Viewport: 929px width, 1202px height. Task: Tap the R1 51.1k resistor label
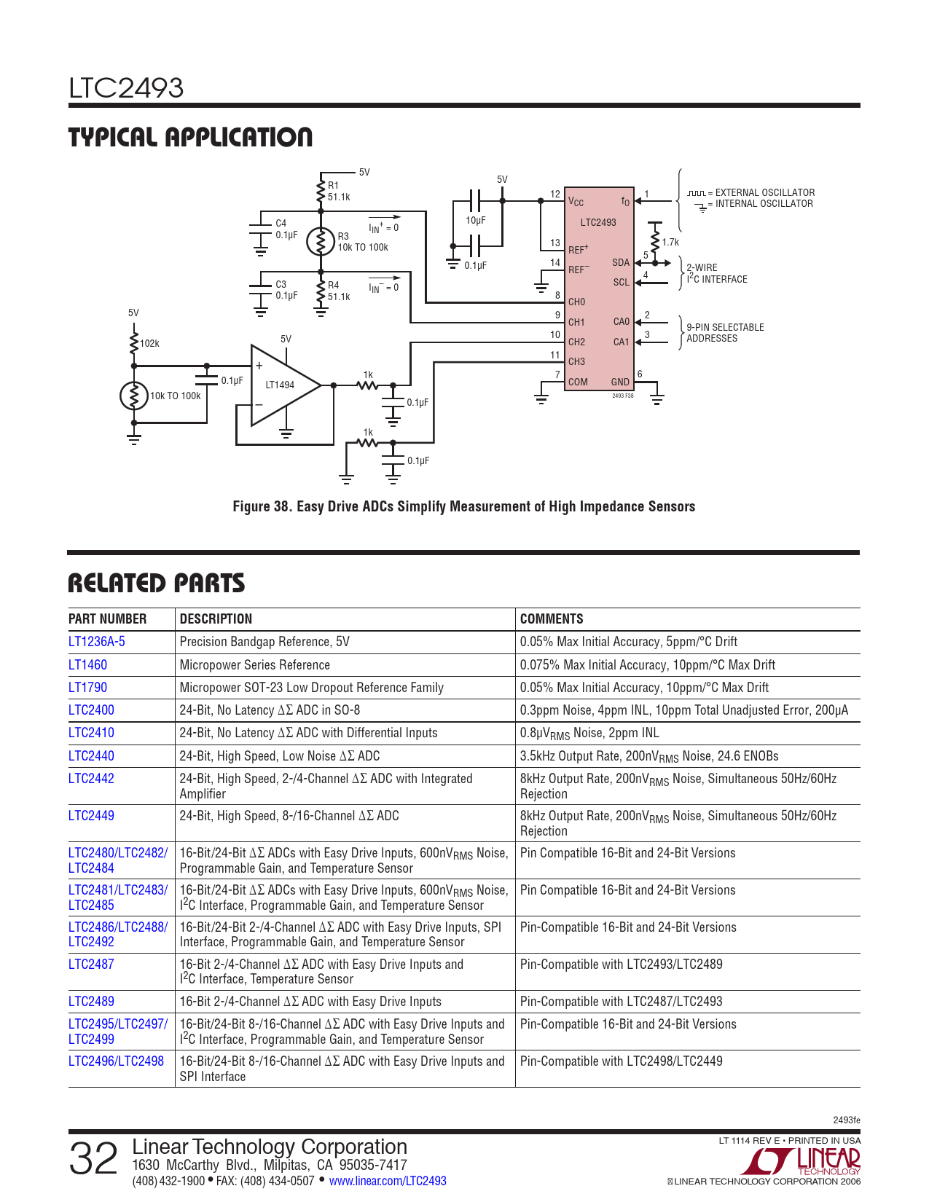coord(339,192)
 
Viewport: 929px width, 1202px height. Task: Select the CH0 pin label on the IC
coord(576,302)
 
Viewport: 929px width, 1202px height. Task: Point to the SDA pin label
coord(620,262)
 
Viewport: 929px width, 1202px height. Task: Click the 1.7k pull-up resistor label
coord(670,243)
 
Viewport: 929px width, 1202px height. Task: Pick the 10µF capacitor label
coord(475,220)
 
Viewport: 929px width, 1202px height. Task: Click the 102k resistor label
coord(149,344)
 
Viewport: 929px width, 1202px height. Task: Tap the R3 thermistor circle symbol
coord(321,242)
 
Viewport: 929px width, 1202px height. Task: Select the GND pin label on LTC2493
coord(620,382)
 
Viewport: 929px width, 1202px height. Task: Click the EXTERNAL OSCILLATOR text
coord(764,192)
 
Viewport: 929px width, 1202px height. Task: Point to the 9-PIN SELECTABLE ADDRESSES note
coord(725,332)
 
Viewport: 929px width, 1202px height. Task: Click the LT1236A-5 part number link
coord(97,642)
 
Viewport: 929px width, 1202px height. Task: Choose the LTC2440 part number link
coord(91,755)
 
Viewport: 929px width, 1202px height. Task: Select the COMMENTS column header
coord(551,618)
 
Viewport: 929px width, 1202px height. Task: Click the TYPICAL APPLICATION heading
coord(190,137)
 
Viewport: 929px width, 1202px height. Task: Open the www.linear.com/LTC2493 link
coord(388,1180)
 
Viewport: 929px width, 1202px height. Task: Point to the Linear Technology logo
coord(801,1161)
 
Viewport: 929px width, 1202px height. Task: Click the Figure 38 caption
coord(463,506)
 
